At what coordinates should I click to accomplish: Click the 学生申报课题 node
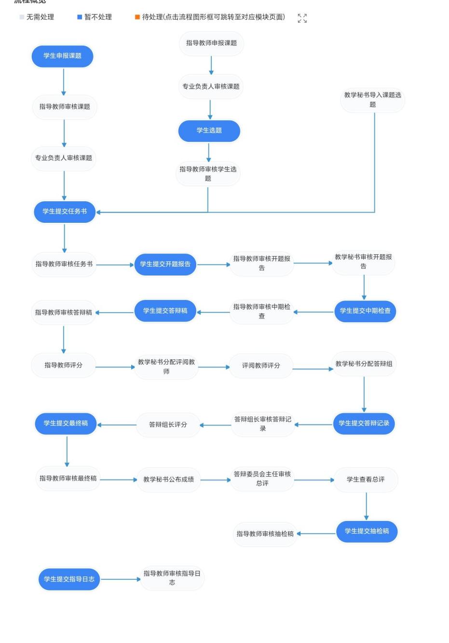(x=62, y=56)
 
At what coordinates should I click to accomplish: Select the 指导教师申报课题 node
(x=211, y=43)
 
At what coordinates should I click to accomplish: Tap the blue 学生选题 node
(x=209, y=131)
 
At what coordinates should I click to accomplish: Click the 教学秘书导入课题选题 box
(x=372, y=100)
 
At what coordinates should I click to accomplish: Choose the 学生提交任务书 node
(x=65, y=212)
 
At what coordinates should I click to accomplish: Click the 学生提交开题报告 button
(x=165, y=264)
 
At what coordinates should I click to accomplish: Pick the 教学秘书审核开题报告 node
(x=363, y=262)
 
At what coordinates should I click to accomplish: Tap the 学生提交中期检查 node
(x=365, y=311)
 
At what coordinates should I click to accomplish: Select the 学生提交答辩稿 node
(x=165, y=311)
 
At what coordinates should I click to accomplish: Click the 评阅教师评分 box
(x=261, y=366)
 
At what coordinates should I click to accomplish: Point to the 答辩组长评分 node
(x=168, y=425)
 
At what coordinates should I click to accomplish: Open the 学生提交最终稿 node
(x=66, y=424)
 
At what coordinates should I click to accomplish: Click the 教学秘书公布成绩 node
(x=168, y=480)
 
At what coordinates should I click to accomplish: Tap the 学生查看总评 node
(x=366, y=480)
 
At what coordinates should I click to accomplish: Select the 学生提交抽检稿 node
(x=367, y=532)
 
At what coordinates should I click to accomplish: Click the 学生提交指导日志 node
(x=69, y=579)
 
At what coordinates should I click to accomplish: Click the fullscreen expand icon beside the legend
(x=302, y=18)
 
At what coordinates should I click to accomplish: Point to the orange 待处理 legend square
(x=137, y=17)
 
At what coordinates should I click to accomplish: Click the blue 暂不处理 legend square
(x=80, y=17)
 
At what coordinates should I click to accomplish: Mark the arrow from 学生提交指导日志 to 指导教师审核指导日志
(x=120, y=579)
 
